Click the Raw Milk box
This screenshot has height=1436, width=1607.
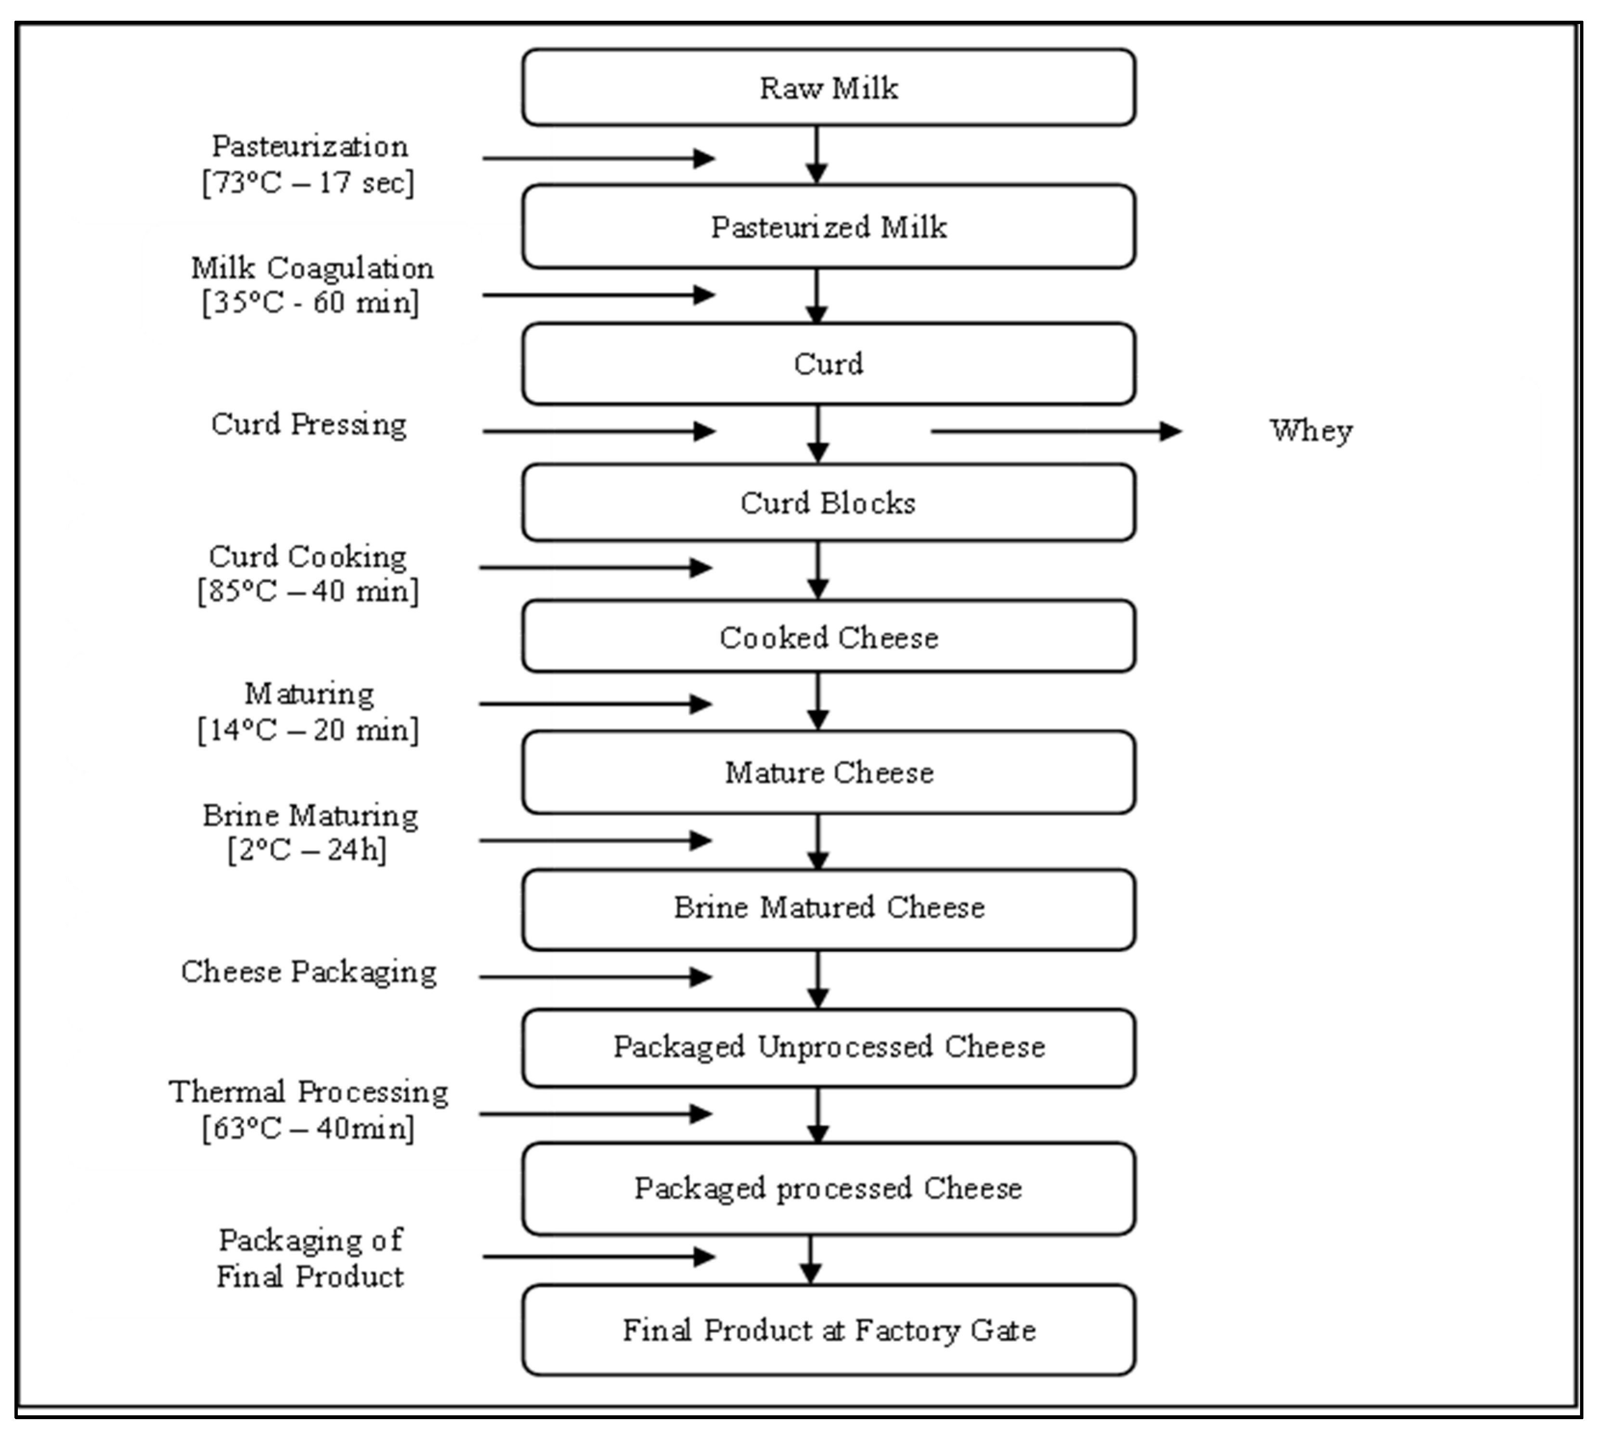(829, 88)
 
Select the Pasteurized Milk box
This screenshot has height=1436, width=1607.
(829, 227)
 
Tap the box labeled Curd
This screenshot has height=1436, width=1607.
(829, 364)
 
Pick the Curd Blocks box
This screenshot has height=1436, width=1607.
(829, 503)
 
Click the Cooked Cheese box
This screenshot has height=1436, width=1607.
(829, 637)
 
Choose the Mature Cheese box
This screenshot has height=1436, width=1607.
(829, 773)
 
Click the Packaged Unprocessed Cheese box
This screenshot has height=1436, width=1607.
(829, 1047)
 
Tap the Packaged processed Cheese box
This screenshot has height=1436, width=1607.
(829, 1188)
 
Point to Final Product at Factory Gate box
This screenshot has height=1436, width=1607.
(829, 1330)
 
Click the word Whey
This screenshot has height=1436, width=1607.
(1310, 431)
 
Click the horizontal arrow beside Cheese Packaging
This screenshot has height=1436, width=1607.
(596, 977)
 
